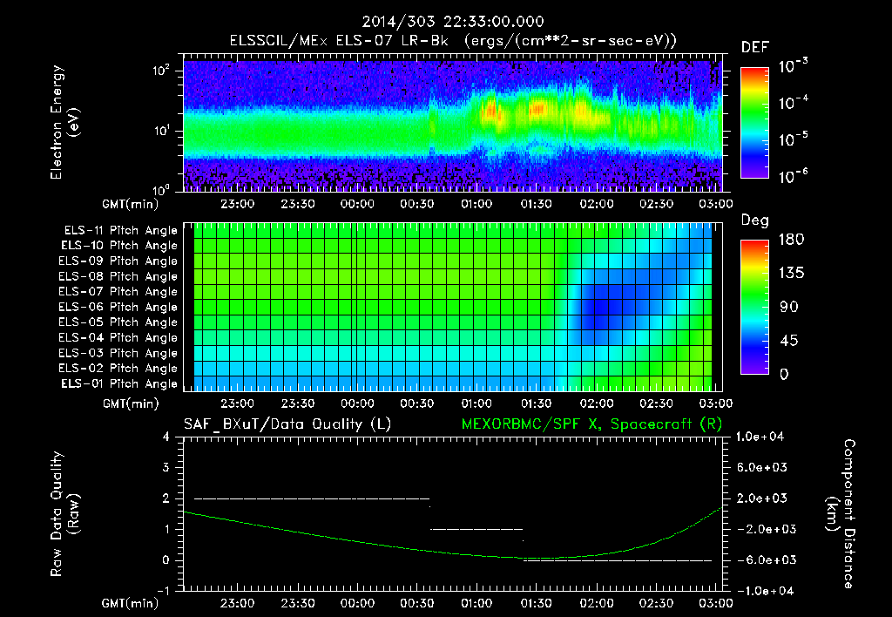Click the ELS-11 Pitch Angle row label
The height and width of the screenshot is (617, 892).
[x=120, y=231]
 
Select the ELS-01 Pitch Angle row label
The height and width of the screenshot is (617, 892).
[x=120, y=383]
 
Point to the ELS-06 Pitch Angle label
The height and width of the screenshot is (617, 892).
[x=120, y=307]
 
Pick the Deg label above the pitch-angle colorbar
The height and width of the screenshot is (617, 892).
[x=753, y=220]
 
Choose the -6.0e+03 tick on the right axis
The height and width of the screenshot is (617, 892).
[x=762, y=559]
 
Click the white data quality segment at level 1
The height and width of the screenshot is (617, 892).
[x=476, y=529]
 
